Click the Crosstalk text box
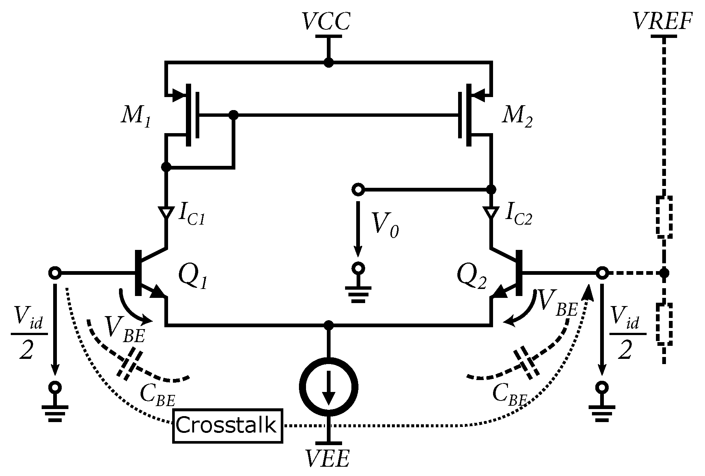coord(228,426)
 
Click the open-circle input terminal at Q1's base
coord(55,273)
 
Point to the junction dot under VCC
coord(328,62)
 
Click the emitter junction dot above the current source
coord(328,325)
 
